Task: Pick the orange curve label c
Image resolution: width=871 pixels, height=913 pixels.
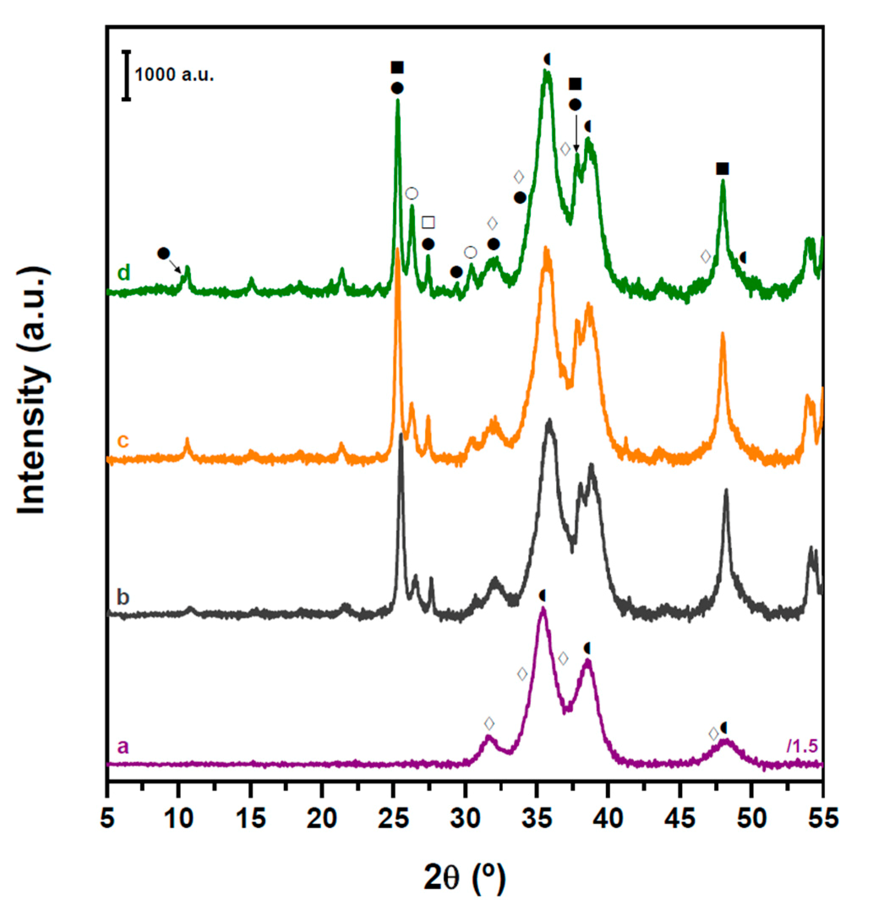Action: pos(123,441)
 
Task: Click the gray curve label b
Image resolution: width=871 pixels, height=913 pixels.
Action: pos(123,597)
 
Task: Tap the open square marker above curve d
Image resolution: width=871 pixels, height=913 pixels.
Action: pos(428,222)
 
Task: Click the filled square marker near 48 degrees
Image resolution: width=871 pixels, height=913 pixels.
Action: pos(722,169)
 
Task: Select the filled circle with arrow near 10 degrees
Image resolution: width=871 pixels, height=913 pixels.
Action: pos(164,253)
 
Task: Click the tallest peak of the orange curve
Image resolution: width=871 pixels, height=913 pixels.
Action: pos(397,250)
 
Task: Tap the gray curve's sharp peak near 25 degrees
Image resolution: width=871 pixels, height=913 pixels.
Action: pos(401,435)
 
